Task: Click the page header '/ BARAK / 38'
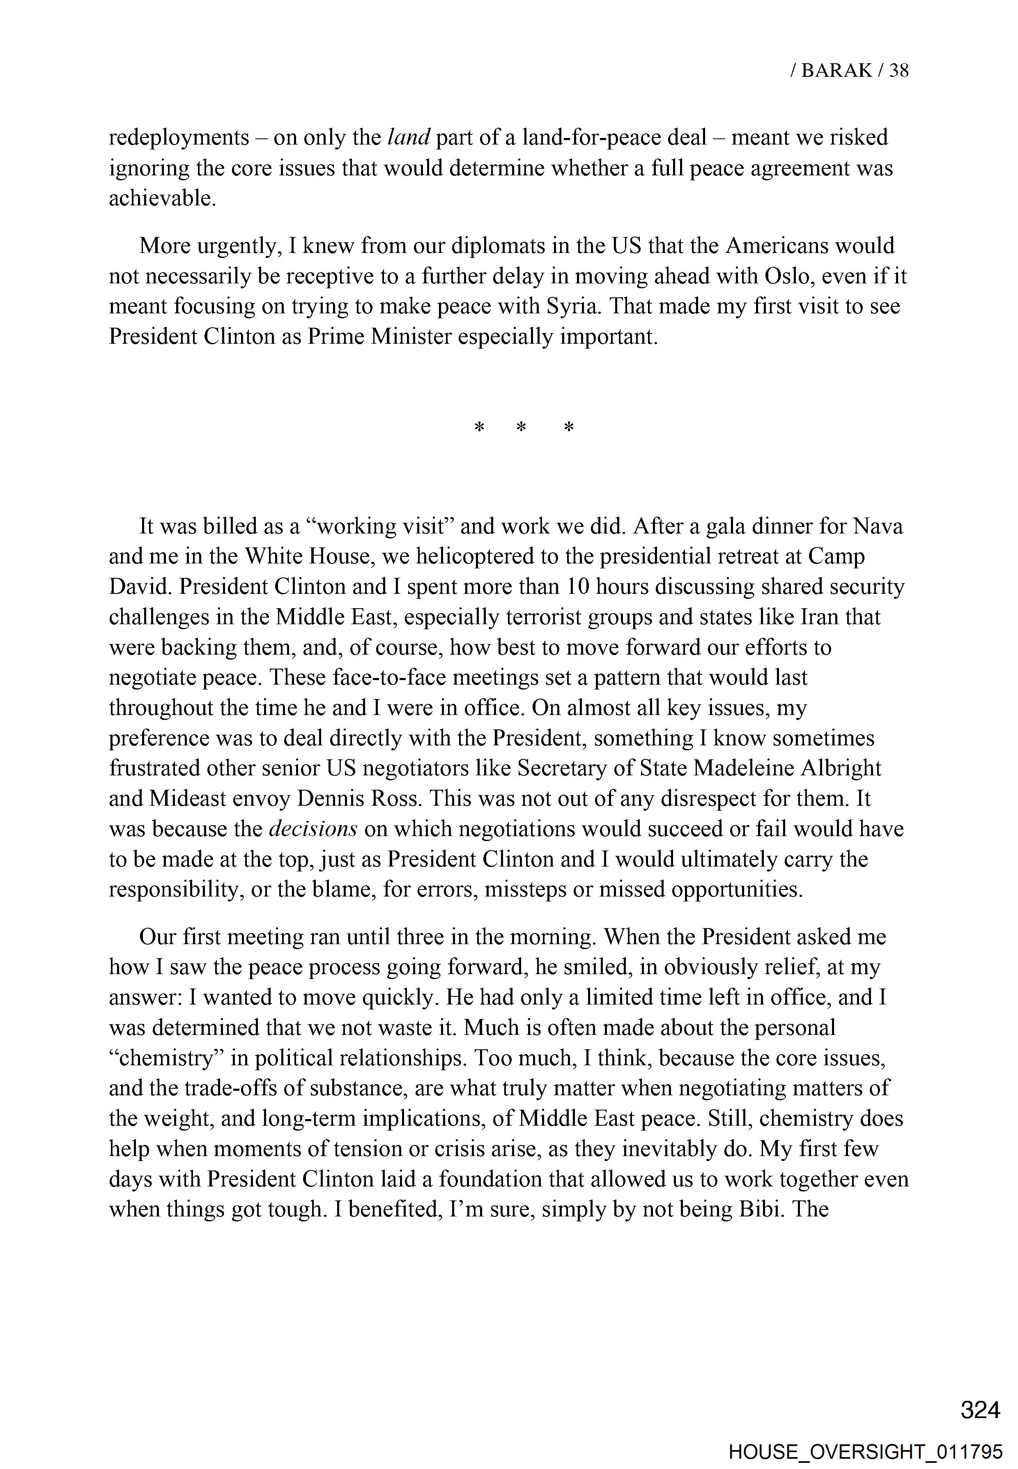[x=849, y=70]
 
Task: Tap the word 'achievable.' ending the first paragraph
[x=163, y=198]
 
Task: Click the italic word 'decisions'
[x=313, y=829]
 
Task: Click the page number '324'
[x=980, y=1409]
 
